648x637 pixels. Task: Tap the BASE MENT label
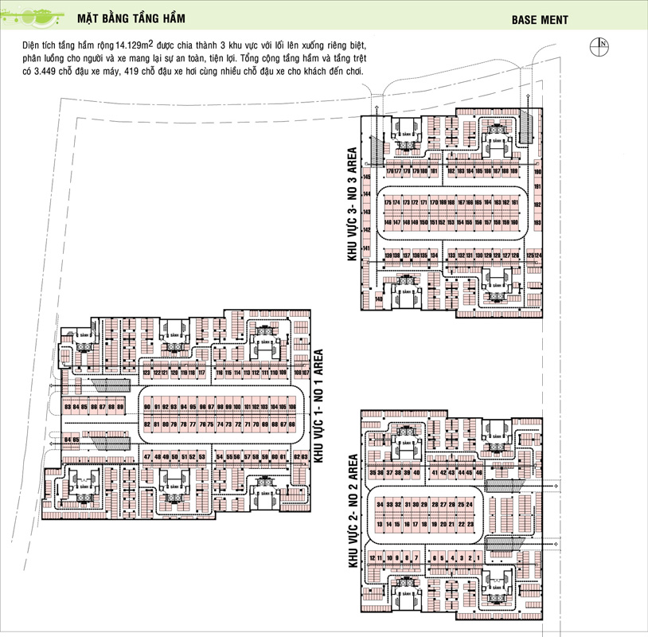click(540, 20)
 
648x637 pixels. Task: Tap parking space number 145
click(367, 177)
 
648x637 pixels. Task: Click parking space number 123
click(146, 373)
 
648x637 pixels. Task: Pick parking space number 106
click(292, 408)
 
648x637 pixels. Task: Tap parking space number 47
click(147, 456)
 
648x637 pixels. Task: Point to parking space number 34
click(381, 505)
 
